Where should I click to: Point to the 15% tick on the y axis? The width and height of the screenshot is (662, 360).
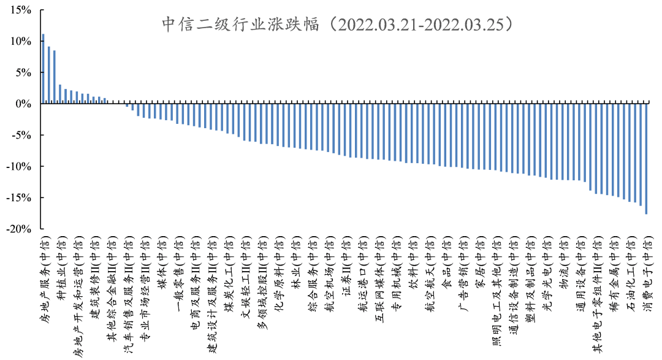20,10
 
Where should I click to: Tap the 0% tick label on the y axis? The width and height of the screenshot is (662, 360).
23,104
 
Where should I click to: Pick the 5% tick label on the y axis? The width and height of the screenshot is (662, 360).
23,72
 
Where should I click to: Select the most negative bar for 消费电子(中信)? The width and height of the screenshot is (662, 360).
646,159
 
